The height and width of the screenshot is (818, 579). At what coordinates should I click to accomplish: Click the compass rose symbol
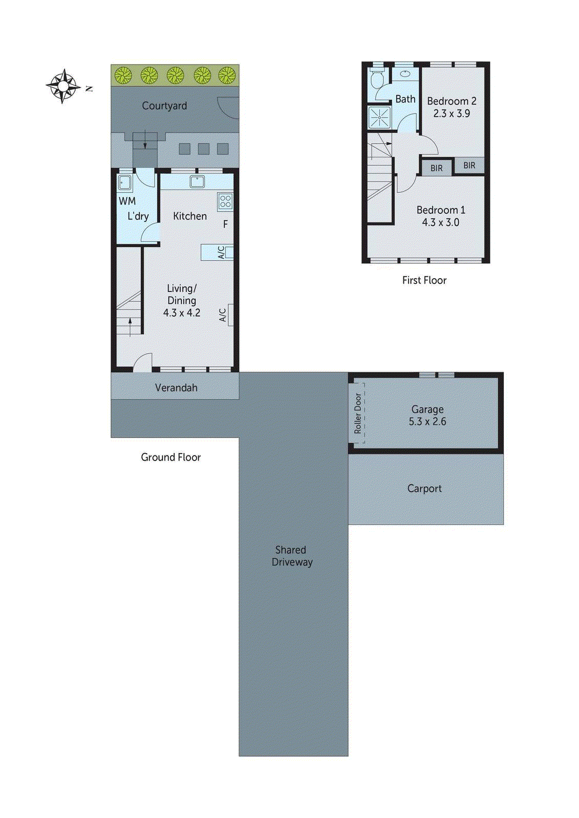(63, 86)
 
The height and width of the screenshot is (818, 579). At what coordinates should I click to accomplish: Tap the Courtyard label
(164, 106)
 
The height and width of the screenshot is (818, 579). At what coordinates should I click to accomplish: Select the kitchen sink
(197, 181)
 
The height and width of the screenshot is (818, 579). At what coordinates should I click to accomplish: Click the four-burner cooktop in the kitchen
(225, 201)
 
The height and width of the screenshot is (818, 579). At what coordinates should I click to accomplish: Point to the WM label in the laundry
(127, 201)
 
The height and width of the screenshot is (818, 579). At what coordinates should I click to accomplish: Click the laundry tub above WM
(124, 183)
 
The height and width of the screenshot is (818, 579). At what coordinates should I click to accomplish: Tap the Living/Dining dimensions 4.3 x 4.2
(182, 313)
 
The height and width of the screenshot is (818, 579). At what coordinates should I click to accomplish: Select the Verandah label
(176, 388)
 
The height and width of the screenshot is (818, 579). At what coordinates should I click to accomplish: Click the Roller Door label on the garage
(358, 413)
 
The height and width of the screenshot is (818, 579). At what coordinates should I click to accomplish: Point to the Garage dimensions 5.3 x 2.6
(427, 422)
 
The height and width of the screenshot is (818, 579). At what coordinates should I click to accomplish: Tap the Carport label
(424, 488)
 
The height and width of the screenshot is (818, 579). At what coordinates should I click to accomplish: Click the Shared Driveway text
(291, 556)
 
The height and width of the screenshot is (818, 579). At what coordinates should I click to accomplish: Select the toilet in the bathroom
(377, 79)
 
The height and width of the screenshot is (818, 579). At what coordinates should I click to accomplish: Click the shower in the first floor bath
(379, 117)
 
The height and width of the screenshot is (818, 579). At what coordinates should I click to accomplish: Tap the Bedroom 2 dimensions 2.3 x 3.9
(451, 113)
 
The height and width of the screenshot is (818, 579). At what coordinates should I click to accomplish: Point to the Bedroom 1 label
(440, 210)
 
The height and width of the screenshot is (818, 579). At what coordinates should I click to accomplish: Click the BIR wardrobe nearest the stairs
(436, 168)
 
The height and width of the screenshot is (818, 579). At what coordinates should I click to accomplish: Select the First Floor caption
(424, 280)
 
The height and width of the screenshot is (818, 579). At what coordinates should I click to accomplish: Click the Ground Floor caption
(170, 457)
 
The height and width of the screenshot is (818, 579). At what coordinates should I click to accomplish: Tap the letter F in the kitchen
(225, 224)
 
